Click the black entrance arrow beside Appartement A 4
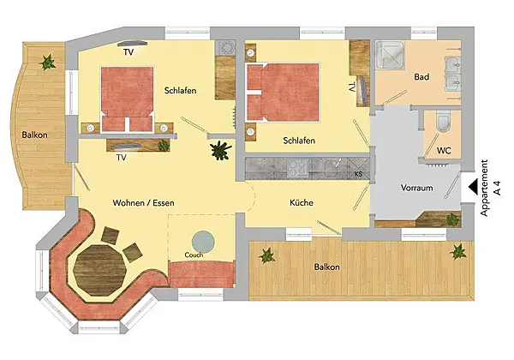coord(473,187)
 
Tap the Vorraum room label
coord(416,188)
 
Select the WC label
coord(444,151)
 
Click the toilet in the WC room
coord(444,121)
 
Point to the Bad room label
coord(421,77)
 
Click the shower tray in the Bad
coord(390,55)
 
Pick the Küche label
coord(302,202)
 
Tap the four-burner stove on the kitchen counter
coord(297,169)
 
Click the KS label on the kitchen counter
coord(358,174)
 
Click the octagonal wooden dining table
coord(101,270)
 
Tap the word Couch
coord(194,255)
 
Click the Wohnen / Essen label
coord(144,202)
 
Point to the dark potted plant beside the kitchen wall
coord(221,150)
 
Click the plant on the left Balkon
coord(47,63)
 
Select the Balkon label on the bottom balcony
coord(327,267)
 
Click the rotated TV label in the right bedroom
coord(352,87)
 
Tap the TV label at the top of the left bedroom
coord(128,51)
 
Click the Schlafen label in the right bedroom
coord(299,141)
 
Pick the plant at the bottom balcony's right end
coord(458,252)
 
